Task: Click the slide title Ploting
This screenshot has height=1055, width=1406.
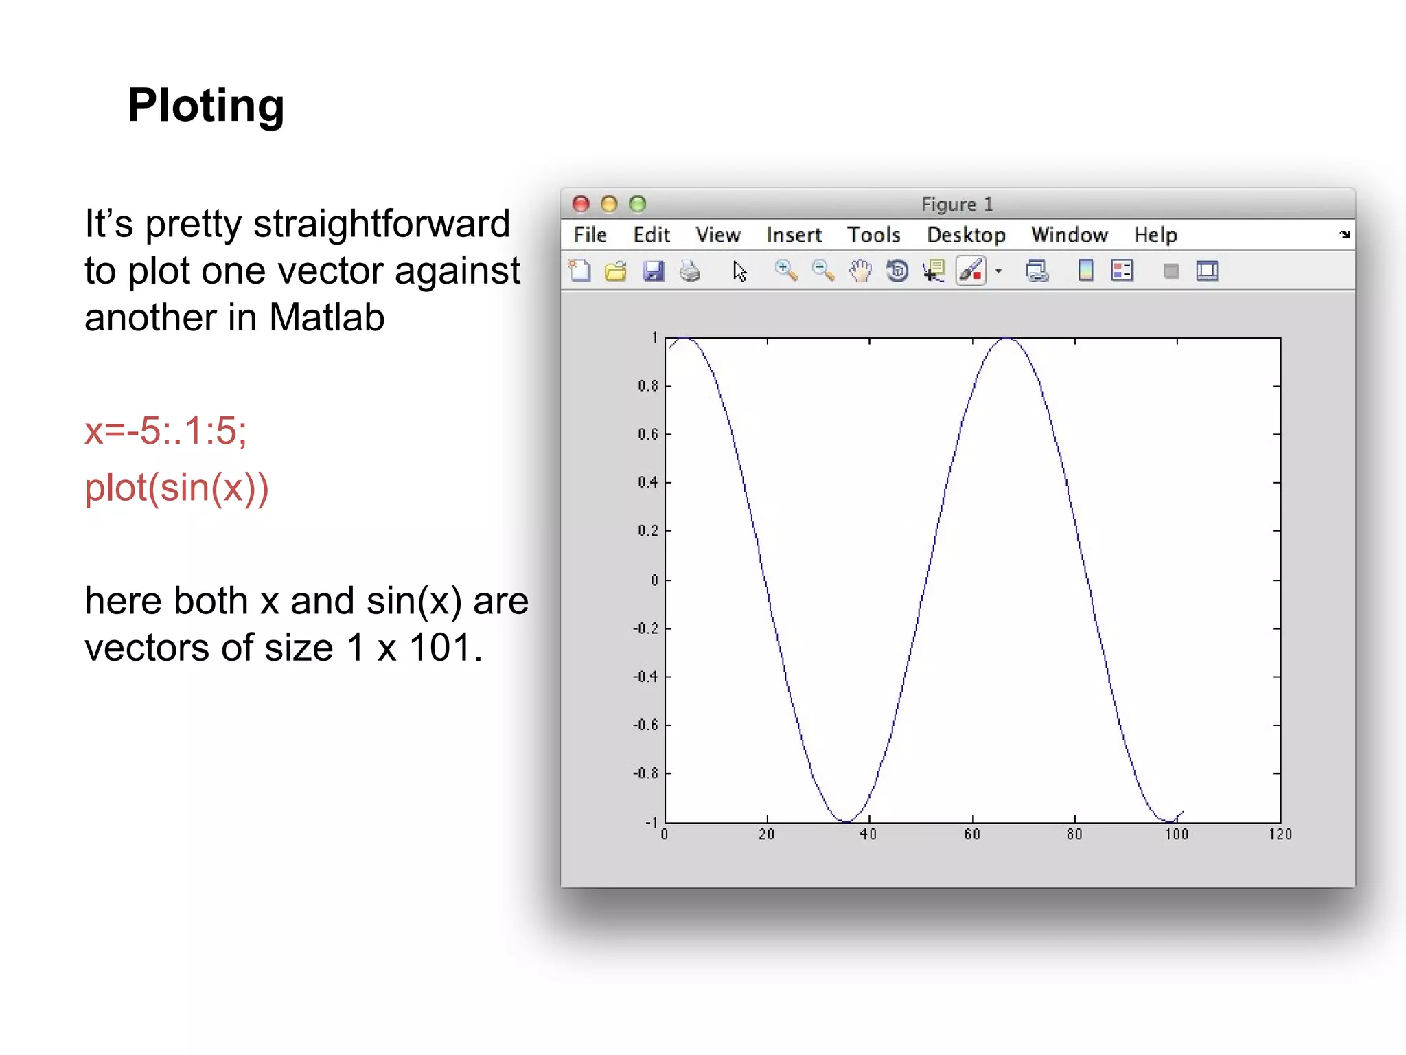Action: [x=206, y=106]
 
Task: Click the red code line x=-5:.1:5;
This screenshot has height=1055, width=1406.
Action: [x=165, y=431]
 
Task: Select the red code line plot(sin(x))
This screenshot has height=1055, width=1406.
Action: [x=176, y=488]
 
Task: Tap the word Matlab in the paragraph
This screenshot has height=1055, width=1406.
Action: [x=327, y=318]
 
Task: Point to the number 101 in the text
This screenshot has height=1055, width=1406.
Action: [x=440, y=648]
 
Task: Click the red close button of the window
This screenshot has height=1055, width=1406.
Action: [x=581, y=204]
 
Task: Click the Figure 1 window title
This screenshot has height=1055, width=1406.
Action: [x=957, y=205]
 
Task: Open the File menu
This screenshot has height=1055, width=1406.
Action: [x=590, y=235]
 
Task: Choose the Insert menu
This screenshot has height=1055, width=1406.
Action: [x=794, y=235]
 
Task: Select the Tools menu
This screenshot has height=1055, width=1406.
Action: [x=873, y=235]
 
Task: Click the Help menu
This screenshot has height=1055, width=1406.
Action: [x=1155, y=235]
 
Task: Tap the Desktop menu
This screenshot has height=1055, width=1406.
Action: [x=966, y=235]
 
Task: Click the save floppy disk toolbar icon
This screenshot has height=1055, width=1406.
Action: [x=653, y=271]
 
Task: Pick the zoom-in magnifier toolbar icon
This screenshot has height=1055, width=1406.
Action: [x=786, y=271]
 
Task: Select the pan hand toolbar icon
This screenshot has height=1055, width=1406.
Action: [x=860, y=271]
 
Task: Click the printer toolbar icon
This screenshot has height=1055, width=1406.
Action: [x=690, y=271]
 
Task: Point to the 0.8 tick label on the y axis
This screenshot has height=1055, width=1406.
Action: [x=647, y=386]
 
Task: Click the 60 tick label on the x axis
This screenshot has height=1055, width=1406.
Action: [x=972, y=835]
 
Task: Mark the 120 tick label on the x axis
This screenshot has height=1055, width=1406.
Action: [x=1280, y=835]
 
